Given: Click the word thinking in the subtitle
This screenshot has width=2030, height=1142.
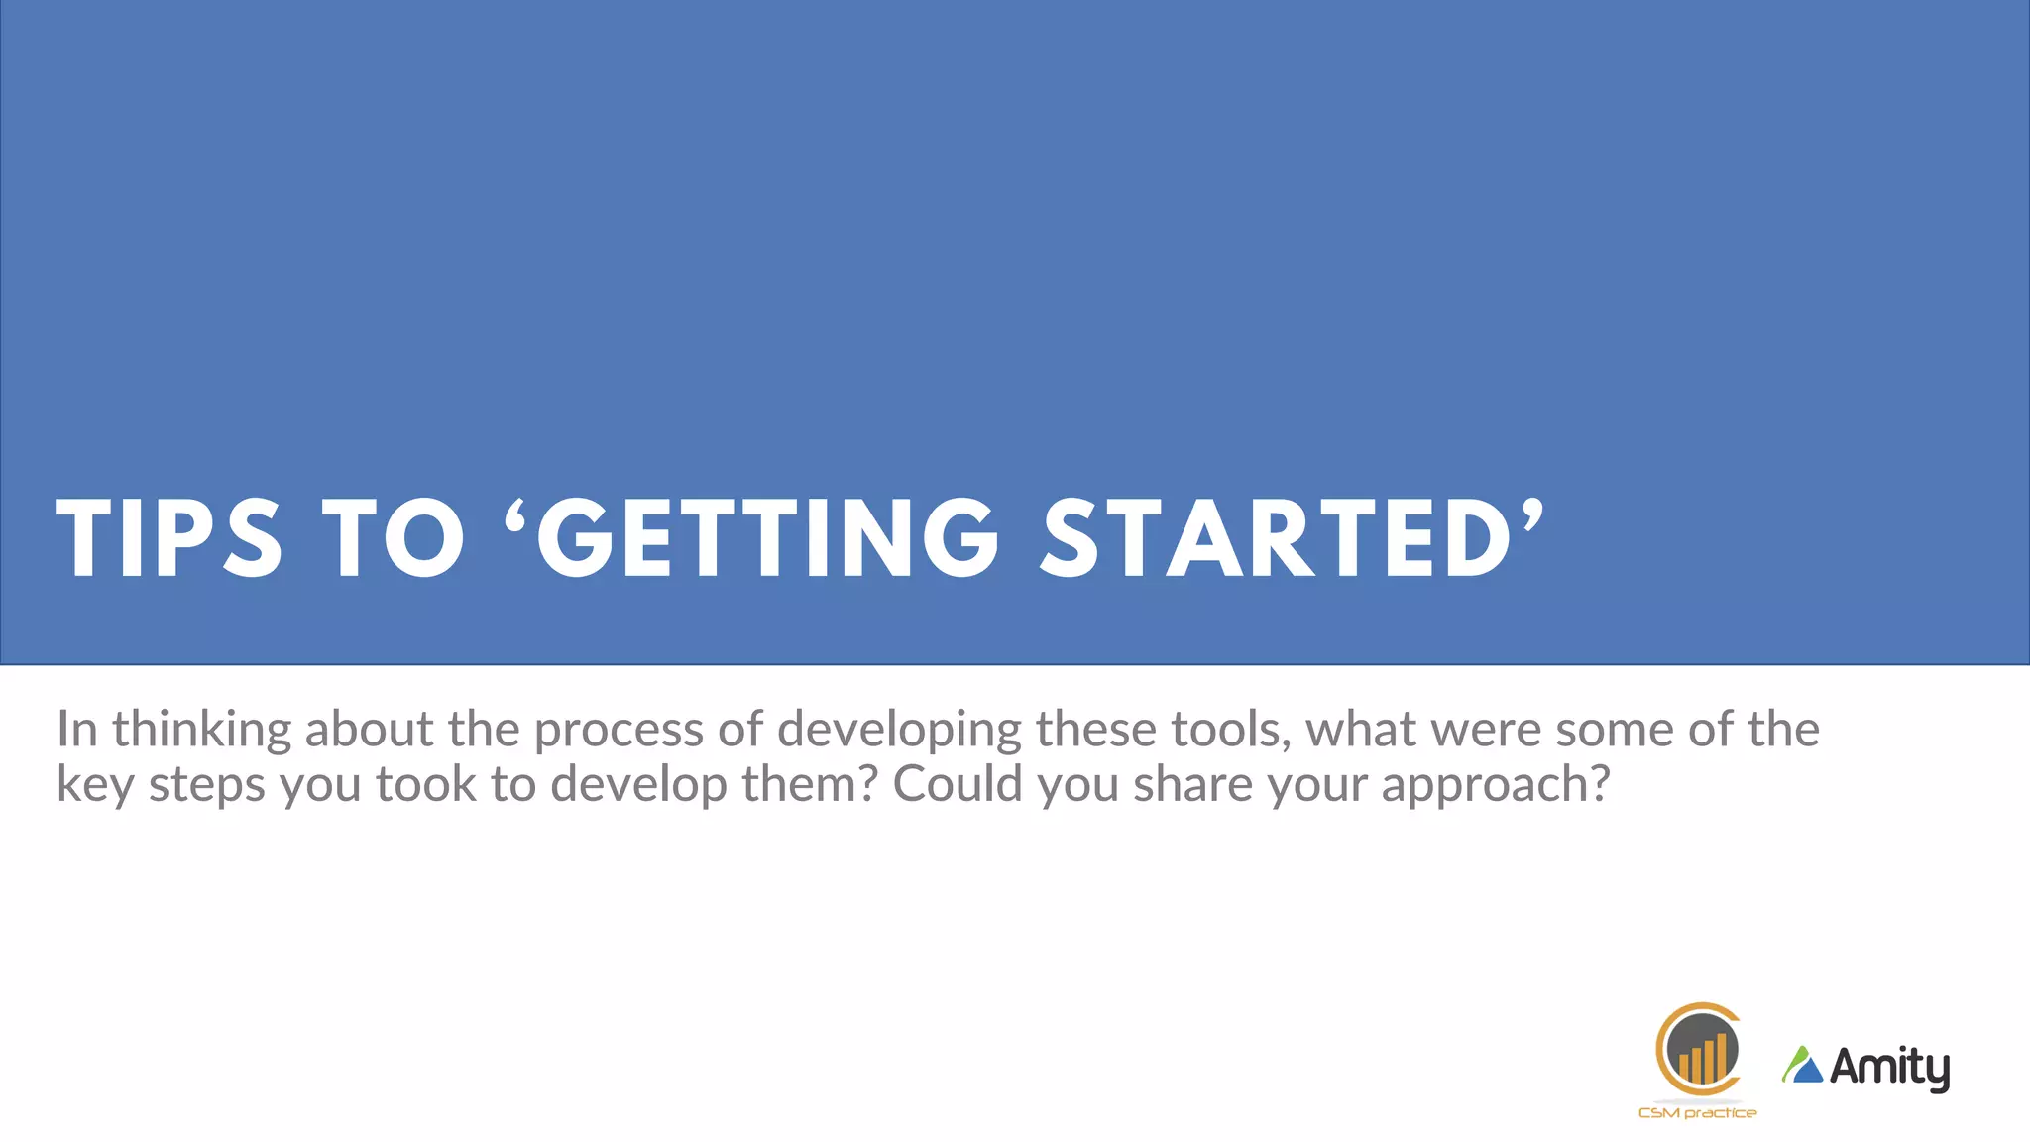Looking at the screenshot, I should point(201,731).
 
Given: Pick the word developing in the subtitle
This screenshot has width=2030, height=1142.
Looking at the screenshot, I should point(899,731).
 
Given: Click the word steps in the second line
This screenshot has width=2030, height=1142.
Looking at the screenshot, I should point(207,785).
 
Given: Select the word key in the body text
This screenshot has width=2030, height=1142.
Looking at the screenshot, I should point(95,785).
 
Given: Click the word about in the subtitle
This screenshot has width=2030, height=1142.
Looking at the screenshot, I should point(369,729).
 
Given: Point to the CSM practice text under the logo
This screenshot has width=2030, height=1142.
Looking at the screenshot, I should point(1697,1113).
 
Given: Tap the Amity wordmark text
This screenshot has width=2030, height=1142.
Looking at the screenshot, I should point(1889,1068).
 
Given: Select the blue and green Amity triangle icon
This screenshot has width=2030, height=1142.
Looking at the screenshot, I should point(1803,1065).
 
